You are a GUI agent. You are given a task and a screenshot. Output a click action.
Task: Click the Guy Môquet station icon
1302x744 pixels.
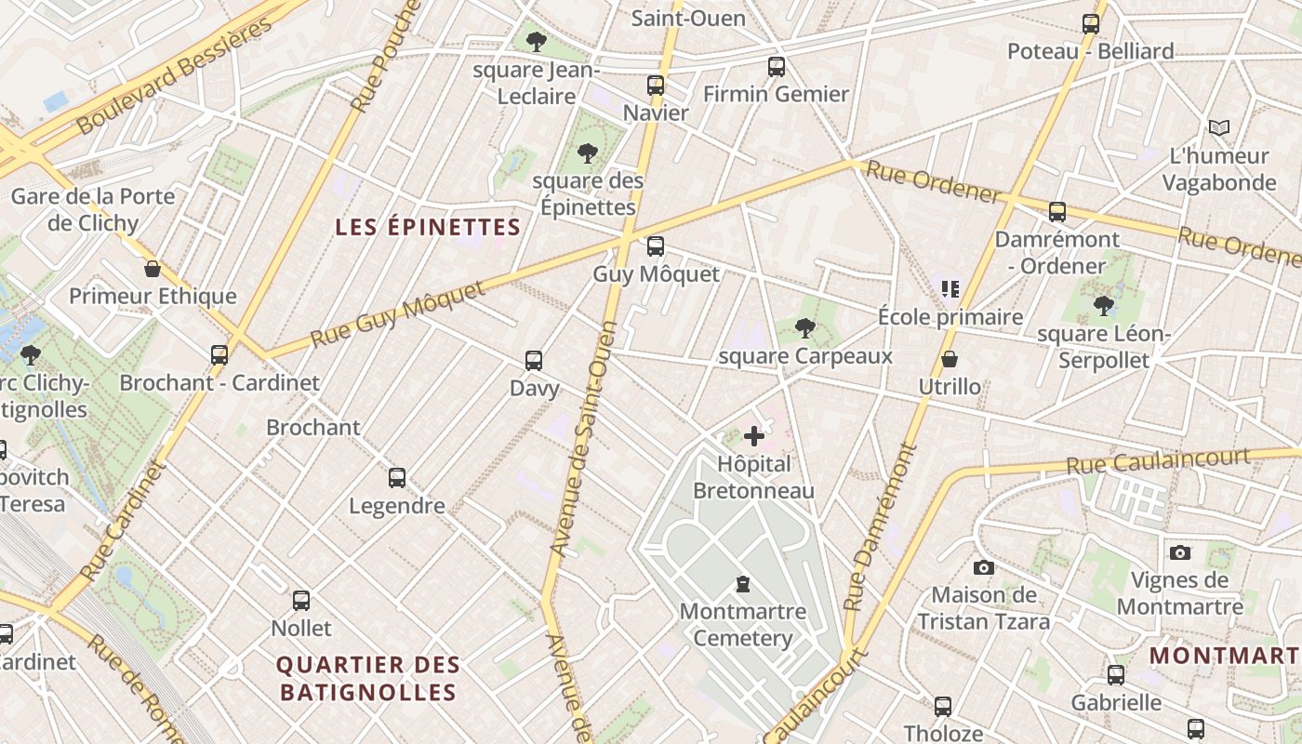(656, 246)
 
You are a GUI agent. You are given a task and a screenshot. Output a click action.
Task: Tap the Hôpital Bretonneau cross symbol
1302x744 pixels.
(754, 435)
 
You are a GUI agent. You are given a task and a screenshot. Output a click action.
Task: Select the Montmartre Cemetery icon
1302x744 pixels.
(742, 584)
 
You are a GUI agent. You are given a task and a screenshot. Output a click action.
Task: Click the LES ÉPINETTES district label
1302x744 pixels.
(428, 227)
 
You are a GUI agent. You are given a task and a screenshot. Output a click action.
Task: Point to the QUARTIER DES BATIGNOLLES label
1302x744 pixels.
(368, 678)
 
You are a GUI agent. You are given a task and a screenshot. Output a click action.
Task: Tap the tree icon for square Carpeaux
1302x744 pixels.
(805, 327)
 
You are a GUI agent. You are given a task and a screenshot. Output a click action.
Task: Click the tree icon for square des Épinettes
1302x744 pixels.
(587, 153)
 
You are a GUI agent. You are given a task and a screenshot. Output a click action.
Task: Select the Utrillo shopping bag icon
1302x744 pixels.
(950, 359)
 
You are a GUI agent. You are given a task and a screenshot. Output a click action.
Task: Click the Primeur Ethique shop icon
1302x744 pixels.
(153, 270)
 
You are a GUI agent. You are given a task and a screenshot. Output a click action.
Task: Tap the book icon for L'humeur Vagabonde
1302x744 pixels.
(1218, 127)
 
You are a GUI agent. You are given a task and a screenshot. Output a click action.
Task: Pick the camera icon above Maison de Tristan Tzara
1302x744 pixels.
(983, 567)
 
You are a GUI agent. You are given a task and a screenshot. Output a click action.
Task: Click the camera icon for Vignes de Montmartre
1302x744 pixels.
(1179, 552)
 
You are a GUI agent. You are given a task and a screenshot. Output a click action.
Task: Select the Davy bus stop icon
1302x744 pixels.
(534, 360)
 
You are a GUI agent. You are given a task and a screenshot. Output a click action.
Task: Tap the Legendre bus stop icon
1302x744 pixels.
(397, 478)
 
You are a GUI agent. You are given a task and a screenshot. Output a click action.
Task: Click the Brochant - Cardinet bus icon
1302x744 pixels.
(219, 354)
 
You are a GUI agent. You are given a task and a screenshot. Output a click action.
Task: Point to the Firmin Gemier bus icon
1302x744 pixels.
(777, 67)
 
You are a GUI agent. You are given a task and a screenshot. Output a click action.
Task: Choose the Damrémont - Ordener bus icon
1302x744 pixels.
(1057, 212)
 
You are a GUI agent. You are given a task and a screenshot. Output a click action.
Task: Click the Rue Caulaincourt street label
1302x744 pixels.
(1158, 460)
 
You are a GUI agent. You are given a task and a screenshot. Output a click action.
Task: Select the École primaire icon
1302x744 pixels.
(950, 289)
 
